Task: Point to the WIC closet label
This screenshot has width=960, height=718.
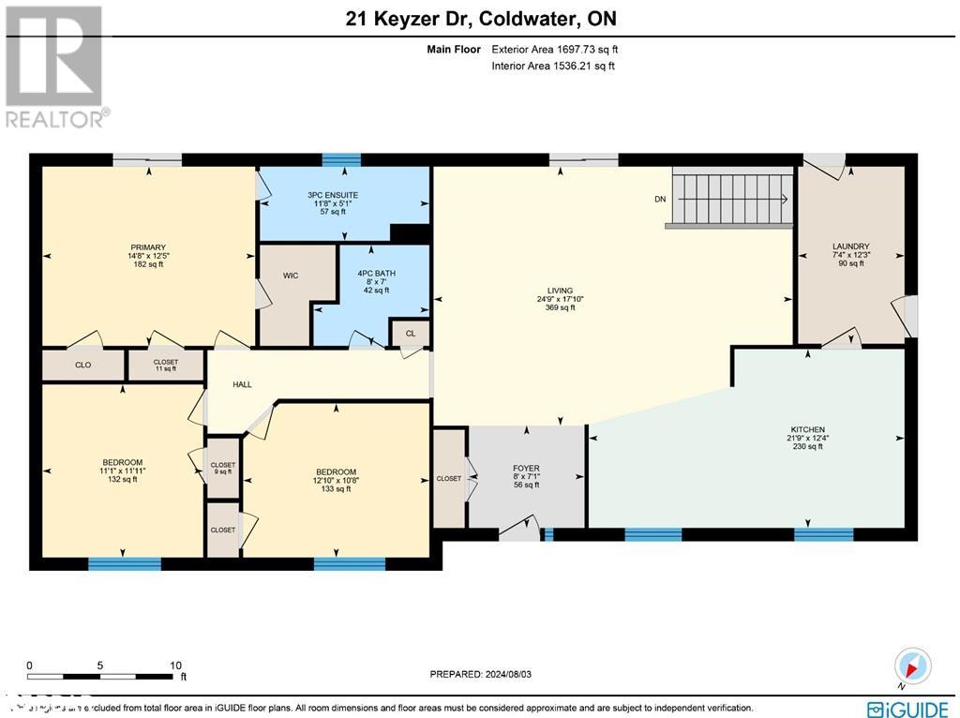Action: point(291,277)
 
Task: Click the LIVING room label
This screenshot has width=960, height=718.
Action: point(562,291)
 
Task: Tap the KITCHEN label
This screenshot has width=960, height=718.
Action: point(807,429)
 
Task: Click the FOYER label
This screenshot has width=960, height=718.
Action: point(526,468)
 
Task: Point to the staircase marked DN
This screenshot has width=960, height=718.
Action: point(731,199)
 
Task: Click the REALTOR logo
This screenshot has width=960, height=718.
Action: point(56,66)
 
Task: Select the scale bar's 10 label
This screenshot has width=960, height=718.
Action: point(174,665)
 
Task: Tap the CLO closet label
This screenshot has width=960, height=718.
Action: point(82,365)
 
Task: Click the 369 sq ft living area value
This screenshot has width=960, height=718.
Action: point(562,307)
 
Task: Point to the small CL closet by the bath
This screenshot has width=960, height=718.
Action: point(411,333)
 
